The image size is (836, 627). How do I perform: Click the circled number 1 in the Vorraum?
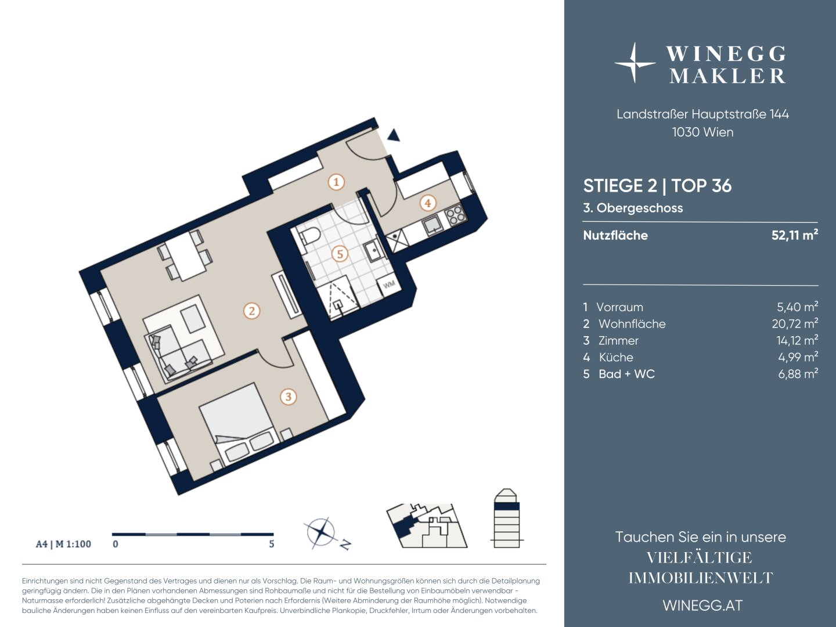click(336, 182)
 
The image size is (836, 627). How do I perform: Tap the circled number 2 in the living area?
click(252, 311)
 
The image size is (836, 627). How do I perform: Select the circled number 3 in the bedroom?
click(289, 397)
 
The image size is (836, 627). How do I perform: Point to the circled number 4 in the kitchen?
click(428, 203)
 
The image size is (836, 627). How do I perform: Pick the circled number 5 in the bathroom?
click(340, 254)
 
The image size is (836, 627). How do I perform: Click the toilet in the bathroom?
click(309, 237)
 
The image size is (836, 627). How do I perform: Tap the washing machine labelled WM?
click(388, 284)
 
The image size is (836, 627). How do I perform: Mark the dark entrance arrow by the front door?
click(394, 135)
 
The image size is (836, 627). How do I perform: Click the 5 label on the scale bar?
click(272, 544)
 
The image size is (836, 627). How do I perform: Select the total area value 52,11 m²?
click(795, 235)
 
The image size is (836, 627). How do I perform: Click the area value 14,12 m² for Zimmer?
click(797, 340)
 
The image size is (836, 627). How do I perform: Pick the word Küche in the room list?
click(616, 357)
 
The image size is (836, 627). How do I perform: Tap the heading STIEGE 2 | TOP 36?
click(657, 186)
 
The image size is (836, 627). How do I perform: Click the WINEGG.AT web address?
click(702, 606)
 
